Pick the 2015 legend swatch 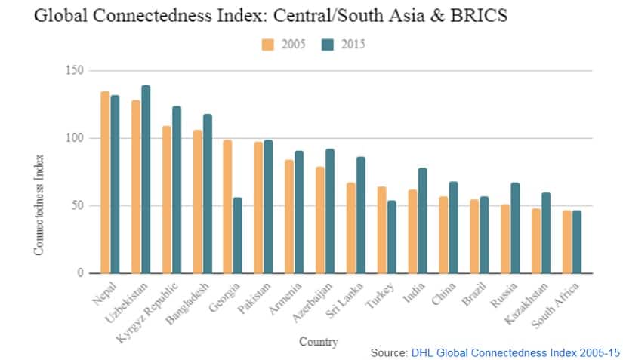click(327, 44)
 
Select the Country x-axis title click(318, 342)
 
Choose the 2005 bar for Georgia click(227, 207)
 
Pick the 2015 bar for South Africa click(577, 242)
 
